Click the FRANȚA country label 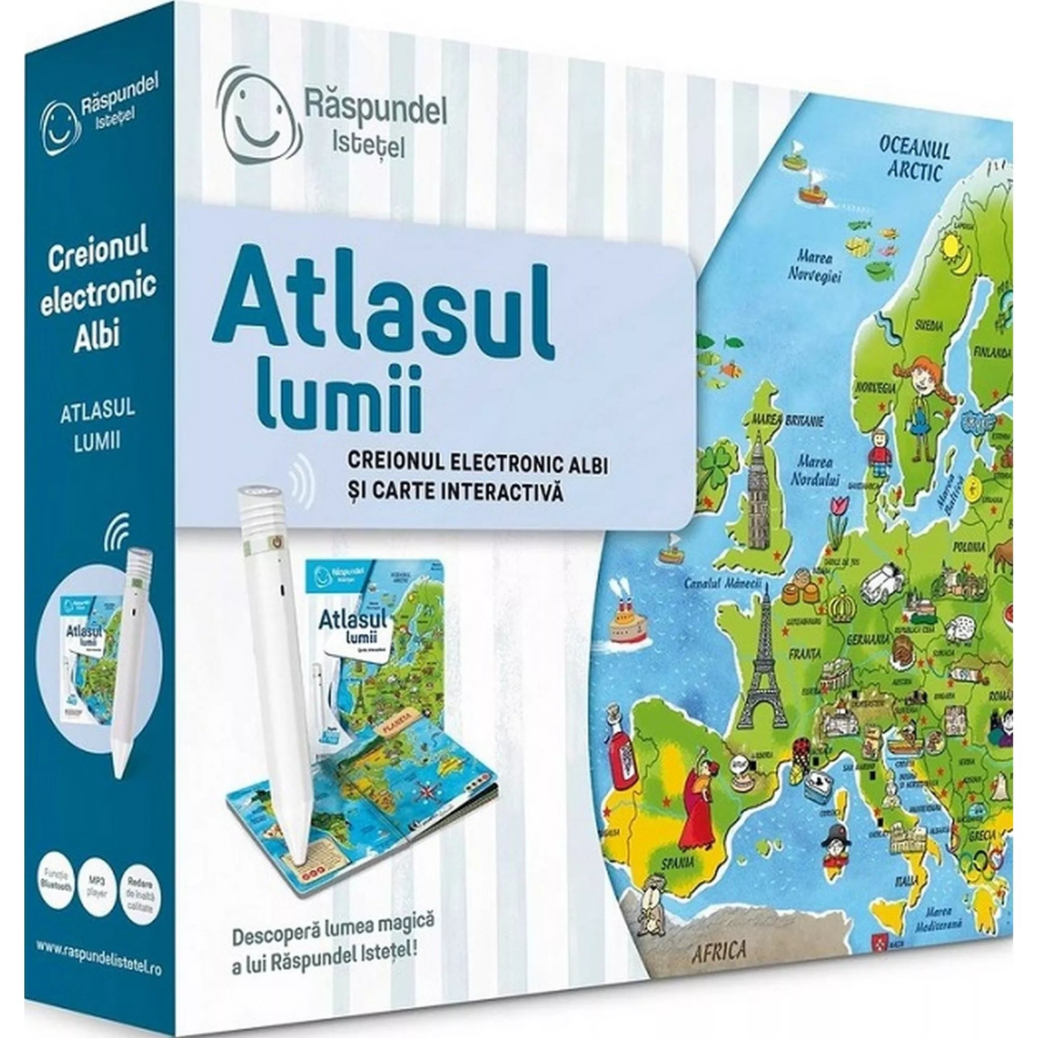pyautogui.click(x=804, y=655)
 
